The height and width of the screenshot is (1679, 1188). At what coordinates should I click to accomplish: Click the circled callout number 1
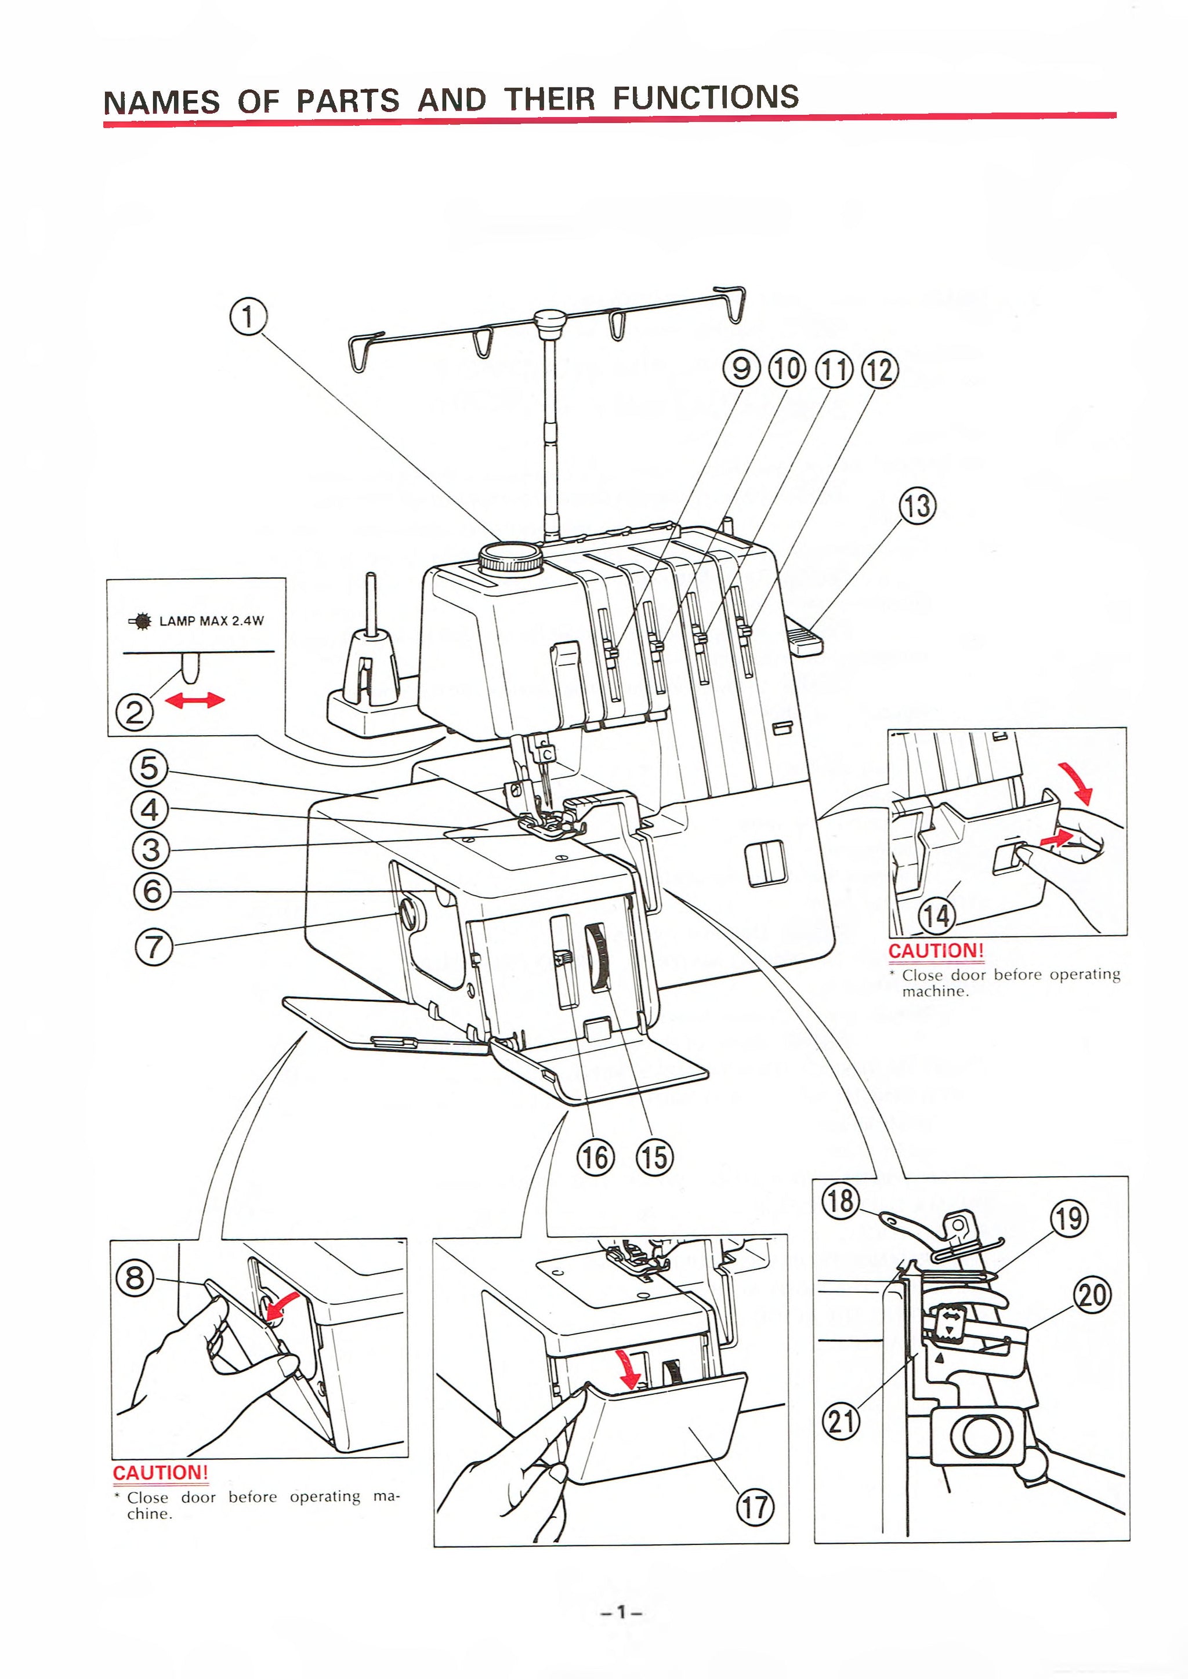coord(248,317)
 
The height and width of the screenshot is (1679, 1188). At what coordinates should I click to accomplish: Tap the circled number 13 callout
coord(917,506)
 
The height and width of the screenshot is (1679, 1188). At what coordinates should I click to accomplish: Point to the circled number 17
coord(754,1507)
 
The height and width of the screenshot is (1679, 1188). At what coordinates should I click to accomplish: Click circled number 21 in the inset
coord(842,1422)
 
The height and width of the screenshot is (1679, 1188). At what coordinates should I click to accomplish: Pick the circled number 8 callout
coord(135,1278)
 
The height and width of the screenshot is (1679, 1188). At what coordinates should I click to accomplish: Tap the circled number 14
coord(937,915)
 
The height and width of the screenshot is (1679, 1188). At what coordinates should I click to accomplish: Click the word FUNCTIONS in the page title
coord(705,97)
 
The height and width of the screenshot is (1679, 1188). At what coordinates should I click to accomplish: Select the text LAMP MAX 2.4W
coord(211,621)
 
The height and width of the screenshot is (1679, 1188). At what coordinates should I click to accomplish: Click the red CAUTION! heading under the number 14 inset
coord(936,951)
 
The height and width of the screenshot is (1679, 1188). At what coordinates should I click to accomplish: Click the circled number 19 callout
coord(1069,1219)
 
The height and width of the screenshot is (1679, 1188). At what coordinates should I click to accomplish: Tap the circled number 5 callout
coord(149,768)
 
